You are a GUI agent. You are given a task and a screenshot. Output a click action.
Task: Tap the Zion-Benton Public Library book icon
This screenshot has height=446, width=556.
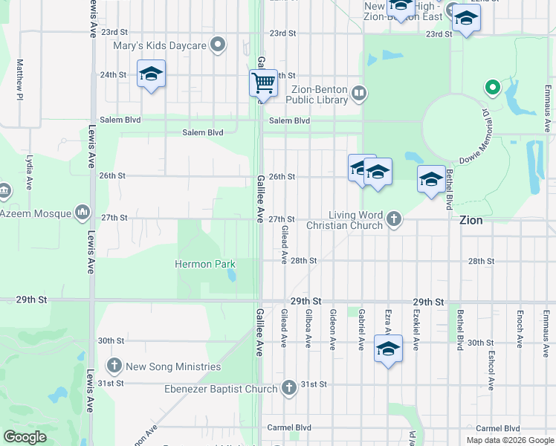point(359,93)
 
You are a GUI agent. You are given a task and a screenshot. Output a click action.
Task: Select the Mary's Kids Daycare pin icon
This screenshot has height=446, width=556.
point(218,46)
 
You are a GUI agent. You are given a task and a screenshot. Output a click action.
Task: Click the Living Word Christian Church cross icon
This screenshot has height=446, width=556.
point(394,219)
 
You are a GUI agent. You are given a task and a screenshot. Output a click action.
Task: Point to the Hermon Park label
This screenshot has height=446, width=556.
point(205,264)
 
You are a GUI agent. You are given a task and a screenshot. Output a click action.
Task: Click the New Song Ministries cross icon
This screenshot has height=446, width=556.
point(114,366)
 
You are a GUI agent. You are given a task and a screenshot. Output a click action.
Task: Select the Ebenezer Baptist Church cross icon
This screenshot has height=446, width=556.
point(289,388)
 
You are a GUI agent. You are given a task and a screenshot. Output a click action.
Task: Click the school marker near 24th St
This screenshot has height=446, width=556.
point(152,74)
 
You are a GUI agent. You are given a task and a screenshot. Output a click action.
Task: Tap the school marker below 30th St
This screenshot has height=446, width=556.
point(388,348)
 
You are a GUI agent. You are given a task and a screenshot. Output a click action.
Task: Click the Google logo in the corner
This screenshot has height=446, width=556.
point(25,437)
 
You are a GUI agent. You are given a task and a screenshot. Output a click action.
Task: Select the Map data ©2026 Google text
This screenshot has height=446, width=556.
point(510,440)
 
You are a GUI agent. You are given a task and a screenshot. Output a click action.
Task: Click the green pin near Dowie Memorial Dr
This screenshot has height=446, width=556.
point(491,88)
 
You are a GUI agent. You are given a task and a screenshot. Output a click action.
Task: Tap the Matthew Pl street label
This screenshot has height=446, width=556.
point(20,80)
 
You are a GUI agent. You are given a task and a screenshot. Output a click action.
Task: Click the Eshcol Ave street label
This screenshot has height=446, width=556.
point(491,376)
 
